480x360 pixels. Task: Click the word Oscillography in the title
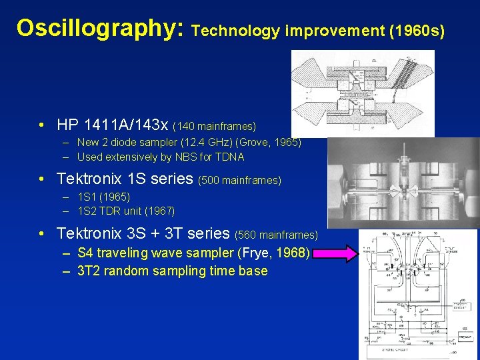point(101,28)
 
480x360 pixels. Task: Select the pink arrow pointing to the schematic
point(337,253)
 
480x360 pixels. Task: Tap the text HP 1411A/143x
point(113,125)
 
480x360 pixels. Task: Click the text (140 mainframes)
point(214,126)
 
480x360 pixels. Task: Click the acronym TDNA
point(227,157)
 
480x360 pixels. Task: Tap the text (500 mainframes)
point(240,181)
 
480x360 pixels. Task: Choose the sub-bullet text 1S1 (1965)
point(103,197)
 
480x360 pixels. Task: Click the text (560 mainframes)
point(277,235)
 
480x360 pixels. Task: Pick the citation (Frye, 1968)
point(273,253)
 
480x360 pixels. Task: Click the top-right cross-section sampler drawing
point(362,93)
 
